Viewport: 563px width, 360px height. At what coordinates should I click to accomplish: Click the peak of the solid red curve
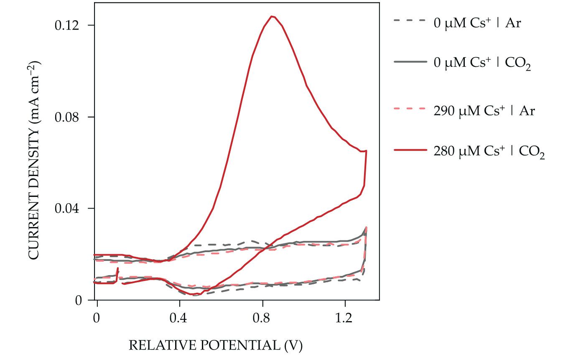272,16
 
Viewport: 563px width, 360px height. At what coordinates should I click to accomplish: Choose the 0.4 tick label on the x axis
179,317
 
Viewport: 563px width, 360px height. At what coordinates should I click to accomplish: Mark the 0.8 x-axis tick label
262,317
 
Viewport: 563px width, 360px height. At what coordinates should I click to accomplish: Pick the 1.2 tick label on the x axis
345,317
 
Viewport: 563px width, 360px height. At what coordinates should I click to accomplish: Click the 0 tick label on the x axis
97,317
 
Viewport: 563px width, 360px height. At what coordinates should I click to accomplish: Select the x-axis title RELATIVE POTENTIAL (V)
215,345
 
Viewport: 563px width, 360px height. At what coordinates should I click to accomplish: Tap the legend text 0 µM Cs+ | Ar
476,23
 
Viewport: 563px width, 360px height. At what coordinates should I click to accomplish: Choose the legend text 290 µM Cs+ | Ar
484,111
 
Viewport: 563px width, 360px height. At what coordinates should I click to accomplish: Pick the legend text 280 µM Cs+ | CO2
489,152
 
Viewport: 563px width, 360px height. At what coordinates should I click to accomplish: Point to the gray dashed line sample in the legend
410,19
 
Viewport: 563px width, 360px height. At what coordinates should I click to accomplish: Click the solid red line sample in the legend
410,149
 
